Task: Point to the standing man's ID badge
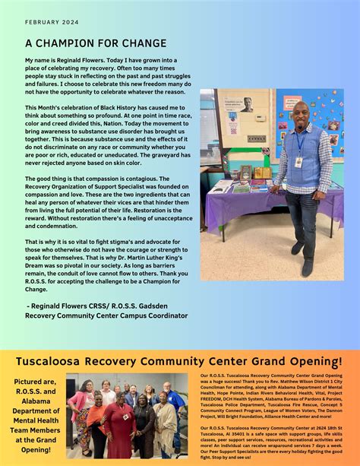(298, 161)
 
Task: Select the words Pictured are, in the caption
(34, 382)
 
